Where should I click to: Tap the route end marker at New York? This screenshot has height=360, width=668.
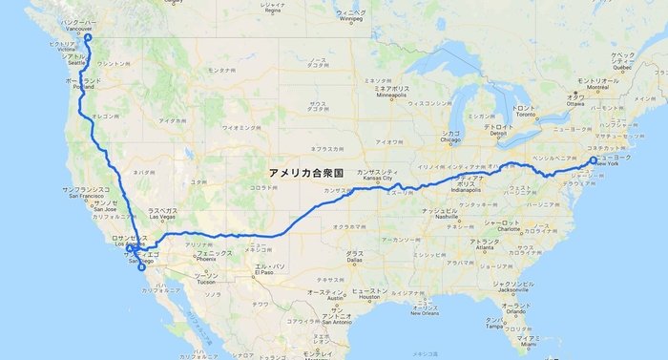click(593, 160)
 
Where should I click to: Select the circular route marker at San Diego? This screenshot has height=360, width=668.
click(141, 266)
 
